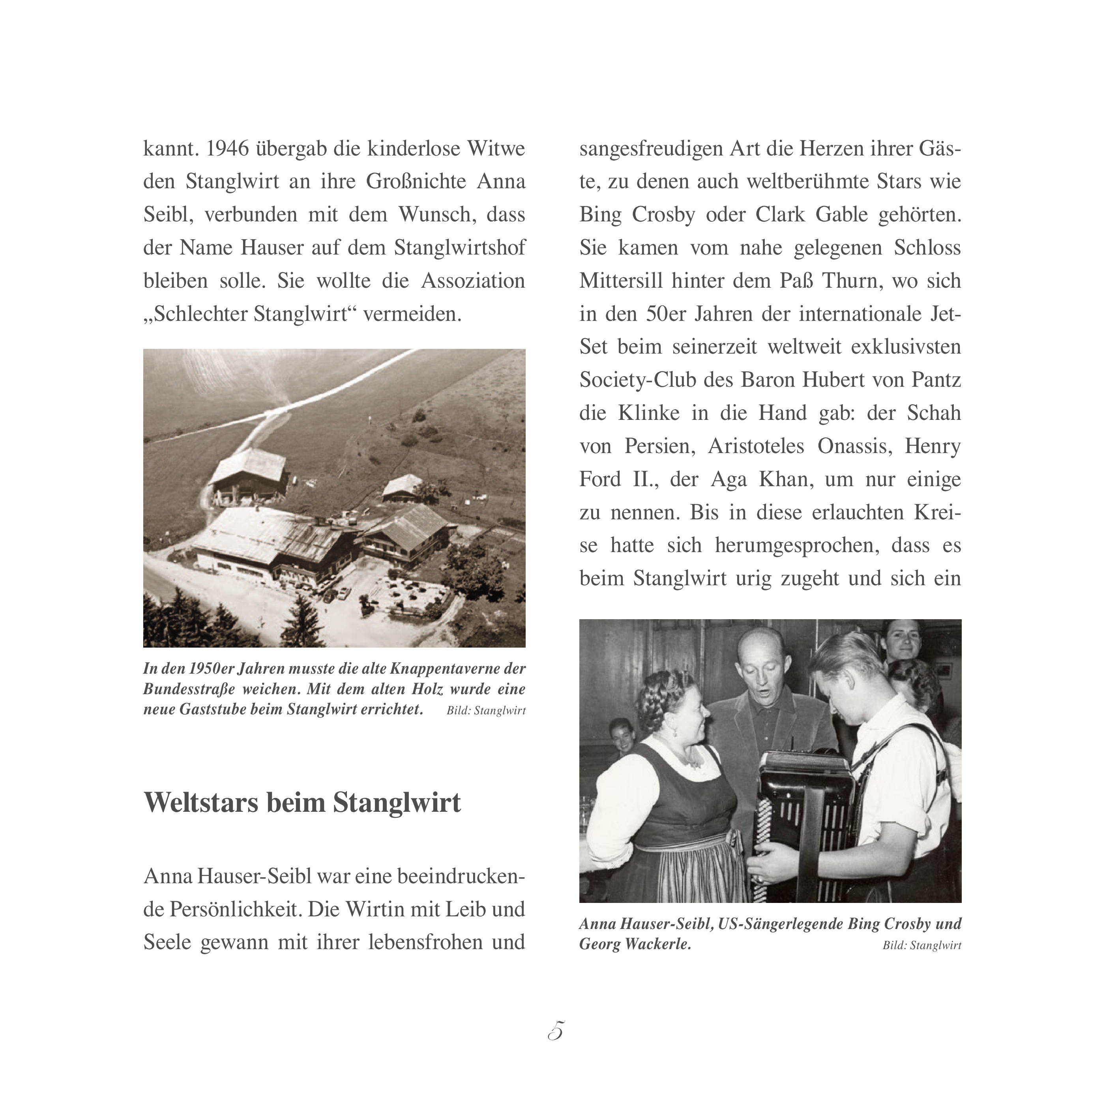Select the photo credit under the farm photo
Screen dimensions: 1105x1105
coord(485,711)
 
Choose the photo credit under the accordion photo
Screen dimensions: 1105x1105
coord(921,946)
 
